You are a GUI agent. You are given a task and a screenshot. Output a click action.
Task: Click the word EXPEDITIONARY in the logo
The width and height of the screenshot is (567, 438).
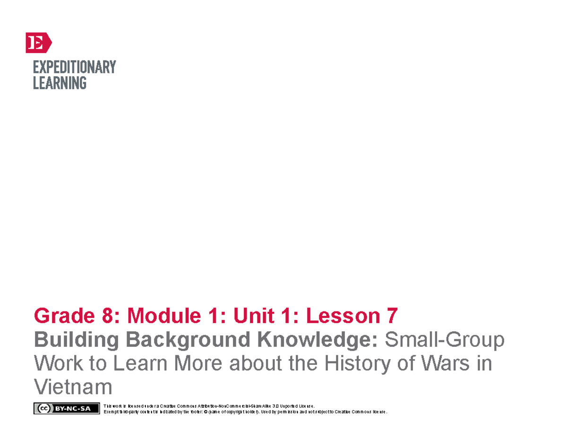pos(74,67)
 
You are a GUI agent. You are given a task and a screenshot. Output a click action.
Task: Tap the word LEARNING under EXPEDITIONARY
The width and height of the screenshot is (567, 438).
pos(60,83)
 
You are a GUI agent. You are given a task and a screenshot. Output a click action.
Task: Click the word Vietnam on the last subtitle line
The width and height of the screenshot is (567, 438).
pos(73,387)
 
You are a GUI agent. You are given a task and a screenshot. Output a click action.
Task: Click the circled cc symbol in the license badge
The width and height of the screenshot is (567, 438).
pos(43,409)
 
